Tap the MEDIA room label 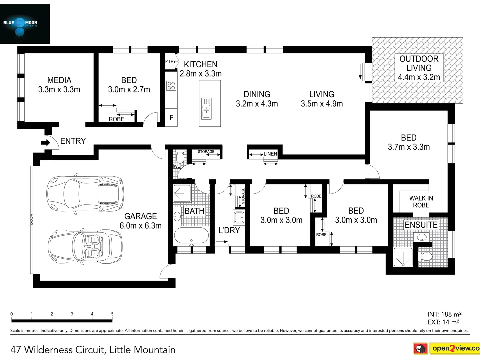click(59, 80)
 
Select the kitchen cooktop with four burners click(171, 86)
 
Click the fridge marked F click(171, 117)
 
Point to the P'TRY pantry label click(170, 61)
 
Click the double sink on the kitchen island click(206, 108)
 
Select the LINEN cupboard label click(270, 154)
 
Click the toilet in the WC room click(180, 158)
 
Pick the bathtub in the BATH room click(191, 236)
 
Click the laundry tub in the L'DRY click(239, 217)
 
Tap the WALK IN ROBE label click(421, 202)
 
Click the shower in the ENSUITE click(403, 257)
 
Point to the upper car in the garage click(85, 193)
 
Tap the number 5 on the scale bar click(112, 314)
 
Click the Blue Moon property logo click(25, 24)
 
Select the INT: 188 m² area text click(444, 314)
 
